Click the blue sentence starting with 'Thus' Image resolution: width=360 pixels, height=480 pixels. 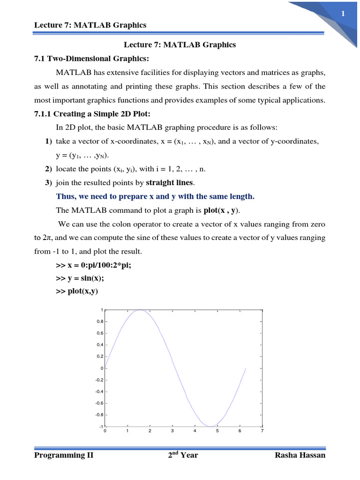click(155, 196)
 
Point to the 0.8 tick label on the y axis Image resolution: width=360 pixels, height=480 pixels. click(100, 322)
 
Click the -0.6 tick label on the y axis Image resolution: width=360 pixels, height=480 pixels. click(99, 403)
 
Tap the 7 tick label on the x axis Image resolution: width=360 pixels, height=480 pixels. click(262, 431)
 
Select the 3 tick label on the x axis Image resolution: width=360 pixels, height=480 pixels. click(172, 431)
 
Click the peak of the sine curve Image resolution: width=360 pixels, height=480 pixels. click(140, 310)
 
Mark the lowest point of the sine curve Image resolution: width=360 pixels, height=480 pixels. click(210, 426)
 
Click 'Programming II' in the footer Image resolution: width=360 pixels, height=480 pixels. click(64, 455)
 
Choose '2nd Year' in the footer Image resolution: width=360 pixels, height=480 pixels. click(183, 455)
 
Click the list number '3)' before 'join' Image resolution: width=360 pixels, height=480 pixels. click(49, 182)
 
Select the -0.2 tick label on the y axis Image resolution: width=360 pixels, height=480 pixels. click(99, 380)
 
